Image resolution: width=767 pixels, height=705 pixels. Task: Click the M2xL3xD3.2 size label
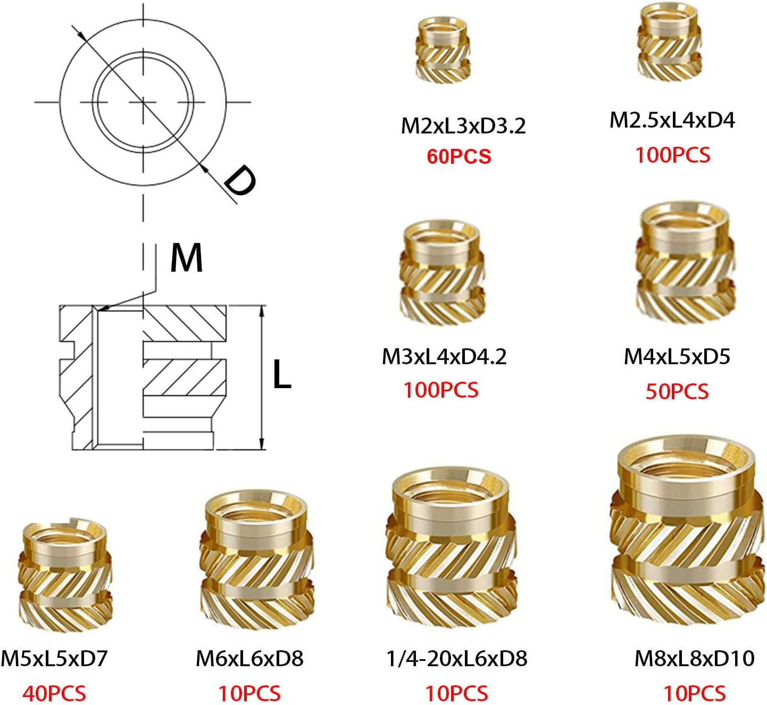tap(463, 126)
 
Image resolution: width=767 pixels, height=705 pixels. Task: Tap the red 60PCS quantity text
tap(459, 157)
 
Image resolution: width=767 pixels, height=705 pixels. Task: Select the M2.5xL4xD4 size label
tap(672, 121)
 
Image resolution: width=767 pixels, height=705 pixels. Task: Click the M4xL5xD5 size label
tap(677, 357)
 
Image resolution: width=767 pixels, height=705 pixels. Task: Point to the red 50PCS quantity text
tap(677, 392)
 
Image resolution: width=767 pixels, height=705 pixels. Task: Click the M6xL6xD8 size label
tap(249, 659)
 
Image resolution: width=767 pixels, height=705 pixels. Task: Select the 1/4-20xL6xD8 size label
tap(457, 659)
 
